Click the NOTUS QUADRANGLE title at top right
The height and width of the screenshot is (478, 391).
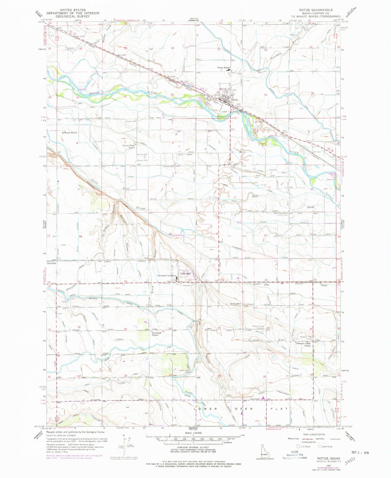(312, 10)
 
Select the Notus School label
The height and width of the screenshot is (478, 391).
(224, 68)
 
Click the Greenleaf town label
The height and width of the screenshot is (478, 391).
(186, 274)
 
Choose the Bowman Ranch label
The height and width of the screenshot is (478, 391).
(69, 133)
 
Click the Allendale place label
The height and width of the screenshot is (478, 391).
(52, 263)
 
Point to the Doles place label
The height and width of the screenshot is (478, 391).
(266, 285)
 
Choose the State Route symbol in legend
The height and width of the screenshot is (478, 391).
(320, 446)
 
